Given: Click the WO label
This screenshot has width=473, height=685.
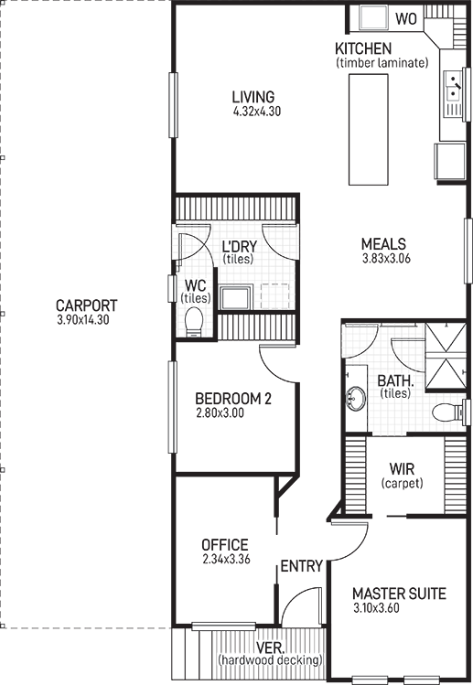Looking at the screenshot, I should tap(406, 18).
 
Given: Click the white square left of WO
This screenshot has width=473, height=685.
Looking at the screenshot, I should tap(373, 17).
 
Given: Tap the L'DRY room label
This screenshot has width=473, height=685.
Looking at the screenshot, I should tap(239, 247).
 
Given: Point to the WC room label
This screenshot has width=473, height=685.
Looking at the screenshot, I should tap(196, 285).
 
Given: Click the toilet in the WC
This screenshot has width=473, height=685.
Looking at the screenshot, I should tap(194, 321).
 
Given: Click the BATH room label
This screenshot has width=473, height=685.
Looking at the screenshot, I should tap(395, 381).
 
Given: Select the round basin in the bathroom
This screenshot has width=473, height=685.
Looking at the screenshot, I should tap(356, 399).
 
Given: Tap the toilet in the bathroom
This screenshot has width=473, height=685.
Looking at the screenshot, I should tap(446, 412).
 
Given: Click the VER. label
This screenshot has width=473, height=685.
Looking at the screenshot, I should tap(269, 648).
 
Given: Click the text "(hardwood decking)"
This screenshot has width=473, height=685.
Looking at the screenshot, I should tap(270, 659).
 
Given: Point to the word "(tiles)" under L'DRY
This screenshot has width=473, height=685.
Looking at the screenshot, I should tap(238, 260).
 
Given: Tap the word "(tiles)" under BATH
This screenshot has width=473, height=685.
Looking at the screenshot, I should tap(396, 394).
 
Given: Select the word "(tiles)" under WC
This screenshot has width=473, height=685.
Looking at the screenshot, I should tap(196, 298).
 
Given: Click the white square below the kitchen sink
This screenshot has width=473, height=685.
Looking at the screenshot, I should tap(450, 162).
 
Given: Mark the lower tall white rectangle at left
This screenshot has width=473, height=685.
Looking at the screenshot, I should tap(84, 471).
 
